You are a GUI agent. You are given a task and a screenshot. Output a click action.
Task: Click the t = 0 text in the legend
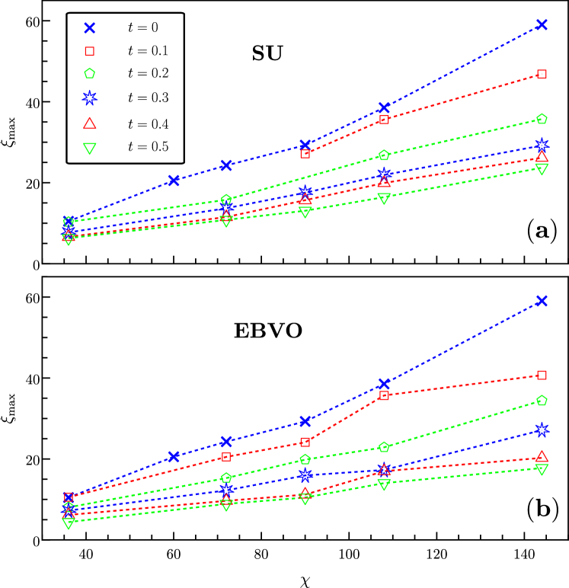click(143, 27)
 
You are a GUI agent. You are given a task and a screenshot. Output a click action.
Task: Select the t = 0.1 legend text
click(148, 51)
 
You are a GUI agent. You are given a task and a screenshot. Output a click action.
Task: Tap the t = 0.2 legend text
click(148, 74)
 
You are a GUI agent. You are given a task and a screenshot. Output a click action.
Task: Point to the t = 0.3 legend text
click(148, 97)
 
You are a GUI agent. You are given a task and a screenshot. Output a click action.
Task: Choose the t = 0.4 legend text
click(148, 124)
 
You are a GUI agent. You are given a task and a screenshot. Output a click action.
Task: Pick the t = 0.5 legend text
click(148, 147)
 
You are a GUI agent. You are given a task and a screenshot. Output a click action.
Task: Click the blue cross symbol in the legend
click(89, 28)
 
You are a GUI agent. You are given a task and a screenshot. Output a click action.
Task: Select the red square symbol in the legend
click(89, 51)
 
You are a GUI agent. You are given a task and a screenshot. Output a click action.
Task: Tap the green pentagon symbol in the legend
click(89, 74)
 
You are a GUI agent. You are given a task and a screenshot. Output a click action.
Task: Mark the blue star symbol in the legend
click(89, 97)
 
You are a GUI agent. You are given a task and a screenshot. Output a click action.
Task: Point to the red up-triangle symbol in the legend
click(89, 123)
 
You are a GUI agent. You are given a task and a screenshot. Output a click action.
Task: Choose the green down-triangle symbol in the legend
click(89, 148)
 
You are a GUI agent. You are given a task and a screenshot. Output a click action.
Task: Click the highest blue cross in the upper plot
click(542, 24)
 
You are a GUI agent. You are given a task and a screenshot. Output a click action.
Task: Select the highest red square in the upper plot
click(542, 74)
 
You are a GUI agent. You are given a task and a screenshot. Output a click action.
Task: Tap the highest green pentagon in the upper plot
click(542, 119)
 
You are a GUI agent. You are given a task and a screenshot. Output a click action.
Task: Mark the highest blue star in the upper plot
click(542, 144)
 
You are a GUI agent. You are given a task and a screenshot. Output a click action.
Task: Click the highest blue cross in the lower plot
click(542, 301)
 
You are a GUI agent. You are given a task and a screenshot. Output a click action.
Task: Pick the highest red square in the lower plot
click(542, 375)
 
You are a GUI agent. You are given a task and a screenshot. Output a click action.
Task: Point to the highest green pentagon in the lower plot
click(542, 401)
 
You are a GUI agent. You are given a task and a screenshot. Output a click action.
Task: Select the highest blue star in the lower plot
click(542, 430)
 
